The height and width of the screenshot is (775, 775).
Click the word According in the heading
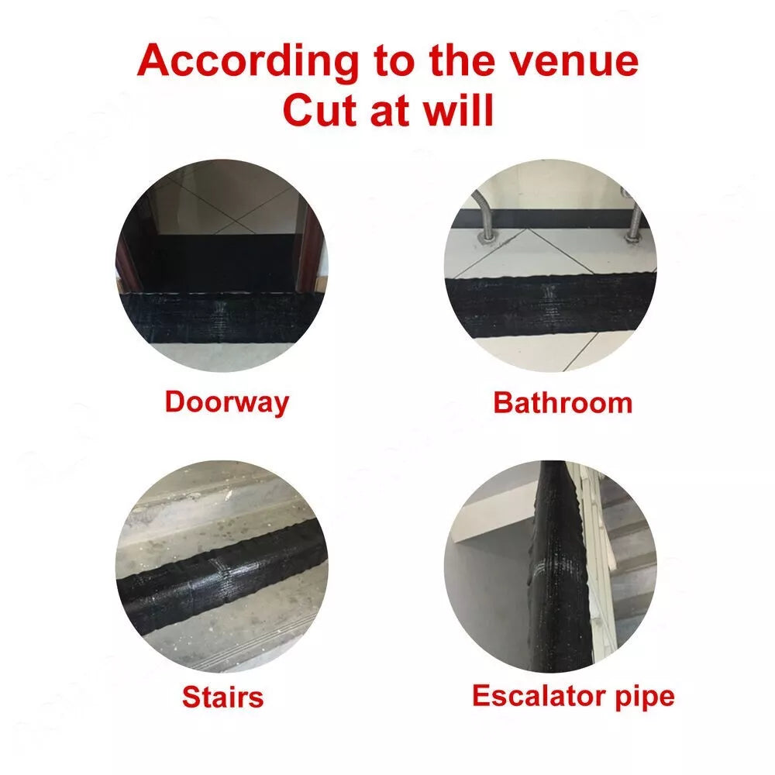click(x=248, y=61)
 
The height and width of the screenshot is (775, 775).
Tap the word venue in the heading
click(x=573, y=61)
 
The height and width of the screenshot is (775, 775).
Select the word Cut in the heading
click(x=322, y=110)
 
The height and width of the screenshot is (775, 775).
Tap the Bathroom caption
click(x=563, y=403)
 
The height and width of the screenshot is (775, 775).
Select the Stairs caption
click(x=223, y=697)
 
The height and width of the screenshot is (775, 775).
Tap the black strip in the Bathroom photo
click(x=551, y=305)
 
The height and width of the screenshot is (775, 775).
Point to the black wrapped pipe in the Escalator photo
click(x=561, y=566)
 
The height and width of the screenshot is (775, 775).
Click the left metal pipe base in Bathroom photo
click(x=487, y=238)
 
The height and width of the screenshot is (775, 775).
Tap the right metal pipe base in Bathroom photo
click(x=632, y=237)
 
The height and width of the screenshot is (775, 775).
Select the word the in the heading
click(x=462, y=60)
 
